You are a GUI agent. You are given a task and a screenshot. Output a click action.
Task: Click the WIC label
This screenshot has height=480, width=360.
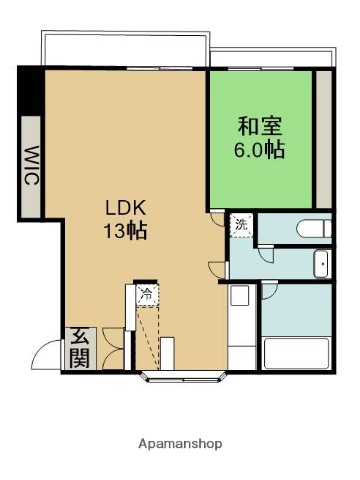[x=31, y=166]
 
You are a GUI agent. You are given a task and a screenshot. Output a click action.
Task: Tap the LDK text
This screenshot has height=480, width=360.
[x=127, y=208]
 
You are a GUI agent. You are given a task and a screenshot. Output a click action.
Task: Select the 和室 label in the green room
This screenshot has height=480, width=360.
[x=259, y=127]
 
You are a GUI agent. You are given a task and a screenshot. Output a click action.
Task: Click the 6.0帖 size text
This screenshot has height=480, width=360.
[x=259, y=150]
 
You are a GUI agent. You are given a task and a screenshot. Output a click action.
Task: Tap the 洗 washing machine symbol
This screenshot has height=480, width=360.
[x=240, y=225]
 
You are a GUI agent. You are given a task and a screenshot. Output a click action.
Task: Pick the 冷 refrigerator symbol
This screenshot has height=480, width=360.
[x=146, y=294]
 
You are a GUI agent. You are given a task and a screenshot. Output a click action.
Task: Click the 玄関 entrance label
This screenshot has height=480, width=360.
[x=78, y=348]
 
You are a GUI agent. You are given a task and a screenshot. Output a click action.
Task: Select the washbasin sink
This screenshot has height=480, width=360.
[x=321, y=265]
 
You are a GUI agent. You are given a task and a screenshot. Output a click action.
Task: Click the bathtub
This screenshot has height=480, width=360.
[x=296, y=354]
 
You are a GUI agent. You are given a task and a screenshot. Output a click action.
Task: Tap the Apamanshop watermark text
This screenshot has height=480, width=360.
[x=180, y=443]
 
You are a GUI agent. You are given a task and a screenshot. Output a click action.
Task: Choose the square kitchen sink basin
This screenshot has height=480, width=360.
[x=240, y=297]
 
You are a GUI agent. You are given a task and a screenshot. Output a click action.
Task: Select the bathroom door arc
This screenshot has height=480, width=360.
[x=269, y=291]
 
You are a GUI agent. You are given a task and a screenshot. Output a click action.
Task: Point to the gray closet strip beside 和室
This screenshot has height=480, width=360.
[x=323, y=135]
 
